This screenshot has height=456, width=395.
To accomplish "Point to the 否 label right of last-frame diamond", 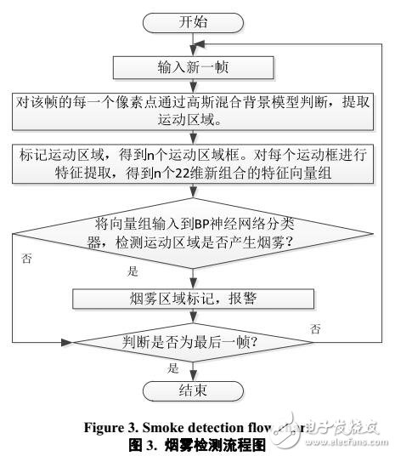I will pos(315,328).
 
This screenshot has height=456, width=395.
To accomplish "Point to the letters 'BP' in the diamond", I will pos(203,224).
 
